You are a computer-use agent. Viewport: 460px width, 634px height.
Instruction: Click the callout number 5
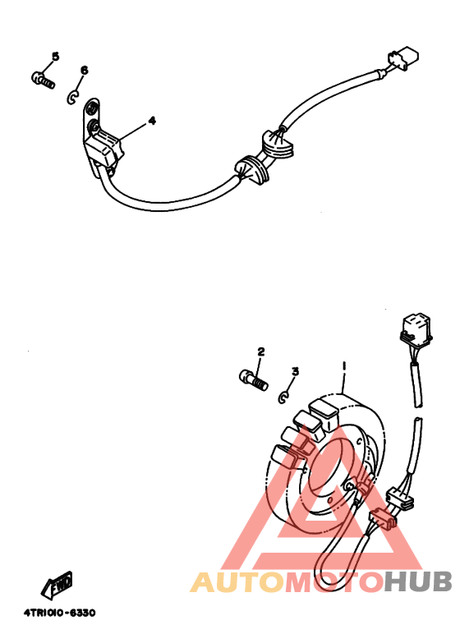coord(55,56)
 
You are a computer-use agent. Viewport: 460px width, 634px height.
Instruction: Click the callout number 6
coord(84,71)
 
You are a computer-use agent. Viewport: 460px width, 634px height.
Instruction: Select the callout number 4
coord(152,121)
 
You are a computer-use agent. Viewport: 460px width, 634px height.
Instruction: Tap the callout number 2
coord(260,351)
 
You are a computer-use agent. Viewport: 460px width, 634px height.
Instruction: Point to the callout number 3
coord(295,371)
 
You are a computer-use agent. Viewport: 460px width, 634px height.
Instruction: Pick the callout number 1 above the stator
coord(345,366)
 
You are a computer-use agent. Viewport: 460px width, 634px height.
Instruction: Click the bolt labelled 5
coord(42,79)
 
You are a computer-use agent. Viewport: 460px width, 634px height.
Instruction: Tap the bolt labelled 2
coord(252,379)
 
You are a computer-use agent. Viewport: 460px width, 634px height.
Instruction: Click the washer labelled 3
coord(284,397)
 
